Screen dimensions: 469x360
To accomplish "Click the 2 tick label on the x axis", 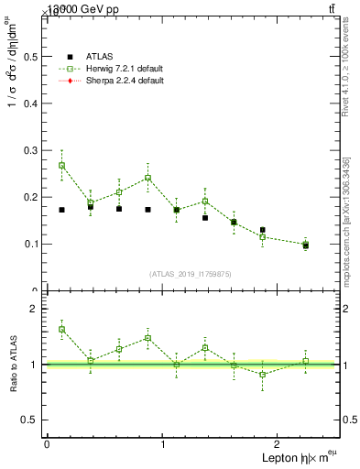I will [x=278, y=444].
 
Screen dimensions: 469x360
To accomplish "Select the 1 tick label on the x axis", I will [x=162, y=444].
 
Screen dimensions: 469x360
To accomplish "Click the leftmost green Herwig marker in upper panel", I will [x=61, y=166].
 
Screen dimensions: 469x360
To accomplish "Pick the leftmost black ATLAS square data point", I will [x=61, y=210].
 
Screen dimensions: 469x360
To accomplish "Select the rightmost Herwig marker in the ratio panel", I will [x=306, y=361].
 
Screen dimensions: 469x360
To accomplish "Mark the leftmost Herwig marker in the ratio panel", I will [x=61, y=329].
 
